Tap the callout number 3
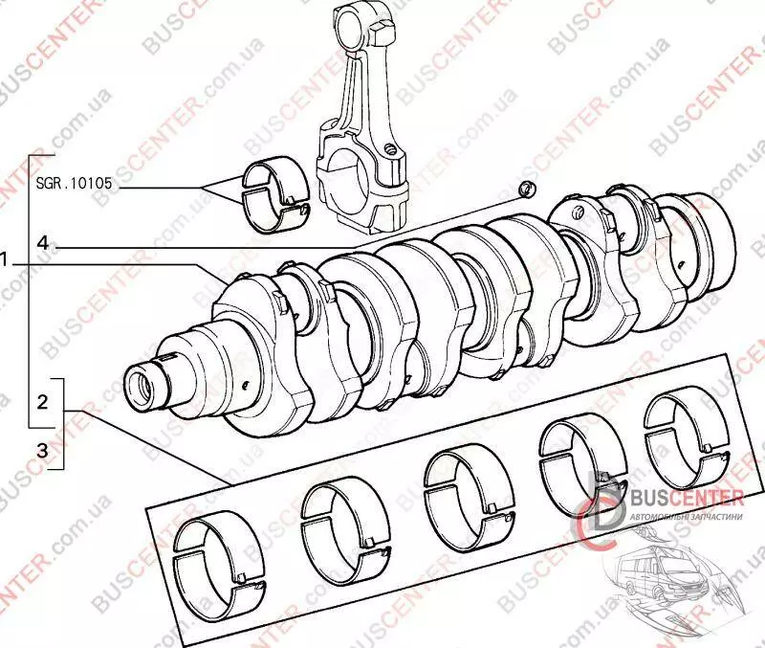coord(41,449)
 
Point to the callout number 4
coord(43,242)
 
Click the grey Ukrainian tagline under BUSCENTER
coord(686,516)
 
